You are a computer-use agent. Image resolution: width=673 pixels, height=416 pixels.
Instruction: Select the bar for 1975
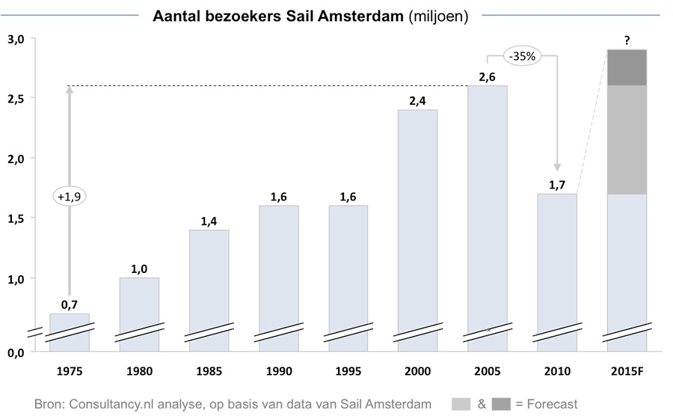click(x=69, y=329)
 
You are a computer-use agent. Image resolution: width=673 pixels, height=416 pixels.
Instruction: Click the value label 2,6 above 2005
click(x=487, y=76)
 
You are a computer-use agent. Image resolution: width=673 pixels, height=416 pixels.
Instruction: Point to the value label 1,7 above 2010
click(x=557, y=184)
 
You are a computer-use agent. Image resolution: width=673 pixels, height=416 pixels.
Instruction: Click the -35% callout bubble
click(x=522, y=55)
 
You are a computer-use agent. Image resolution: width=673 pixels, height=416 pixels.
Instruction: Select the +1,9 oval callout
click(x=69, y=197)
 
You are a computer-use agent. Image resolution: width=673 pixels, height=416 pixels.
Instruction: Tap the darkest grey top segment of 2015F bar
click(x=627, y=67)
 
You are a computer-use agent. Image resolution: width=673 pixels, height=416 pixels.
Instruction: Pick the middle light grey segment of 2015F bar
click(x=627, y=139)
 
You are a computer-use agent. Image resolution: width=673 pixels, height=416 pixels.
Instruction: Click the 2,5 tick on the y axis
click(x=16, y=99)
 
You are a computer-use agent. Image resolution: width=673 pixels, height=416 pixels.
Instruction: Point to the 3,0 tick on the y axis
click(x=16, y=39)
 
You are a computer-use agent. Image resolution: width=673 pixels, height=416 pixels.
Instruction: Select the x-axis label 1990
click(x=278, y=371)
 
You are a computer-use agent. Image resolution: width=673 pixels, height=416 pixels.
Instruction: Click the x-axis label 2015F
click(x=627, y=371)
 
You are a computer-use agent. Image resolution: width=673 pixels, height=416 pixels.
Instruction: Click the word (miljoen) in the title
click(x=434, y=16)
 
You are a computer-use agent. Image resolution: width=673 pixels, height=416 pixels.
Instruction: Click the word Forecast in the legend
click(x=550, y=404)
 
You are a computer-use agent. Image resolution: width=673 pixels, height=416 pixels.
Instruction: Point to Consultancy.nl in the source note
click(x=109, y=404)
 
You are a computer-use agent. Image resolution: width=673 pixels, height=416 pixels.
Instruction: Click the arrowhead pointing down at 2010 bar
click(x=557, y=168)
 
